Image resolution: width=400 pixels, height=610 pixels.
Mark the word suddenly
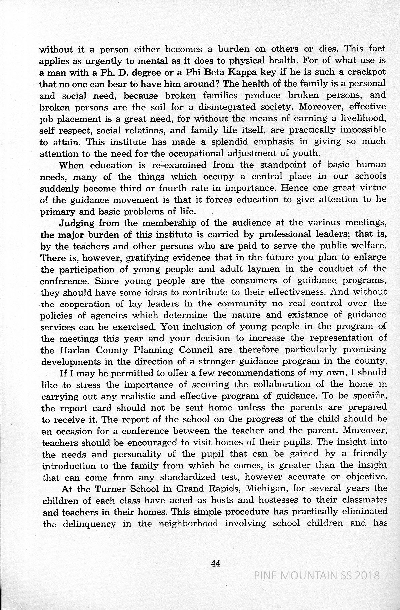[x=60, y=189]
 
